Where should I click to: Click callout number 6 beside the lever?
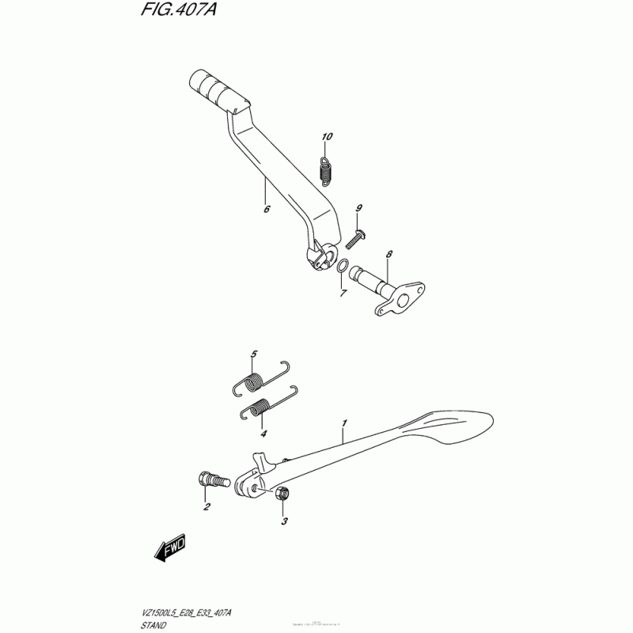267,210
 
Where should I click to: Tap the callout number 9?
358,208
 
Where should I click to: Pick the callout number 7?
343,294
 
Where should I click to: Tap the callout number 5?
255,353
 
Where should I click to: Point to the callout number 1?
344,425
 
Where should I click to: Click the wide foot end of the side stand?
455,427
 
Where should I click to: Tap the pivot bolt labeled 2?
211,479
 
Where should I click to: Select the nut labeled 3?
283,495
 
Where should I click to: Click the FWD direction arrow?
169,548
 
